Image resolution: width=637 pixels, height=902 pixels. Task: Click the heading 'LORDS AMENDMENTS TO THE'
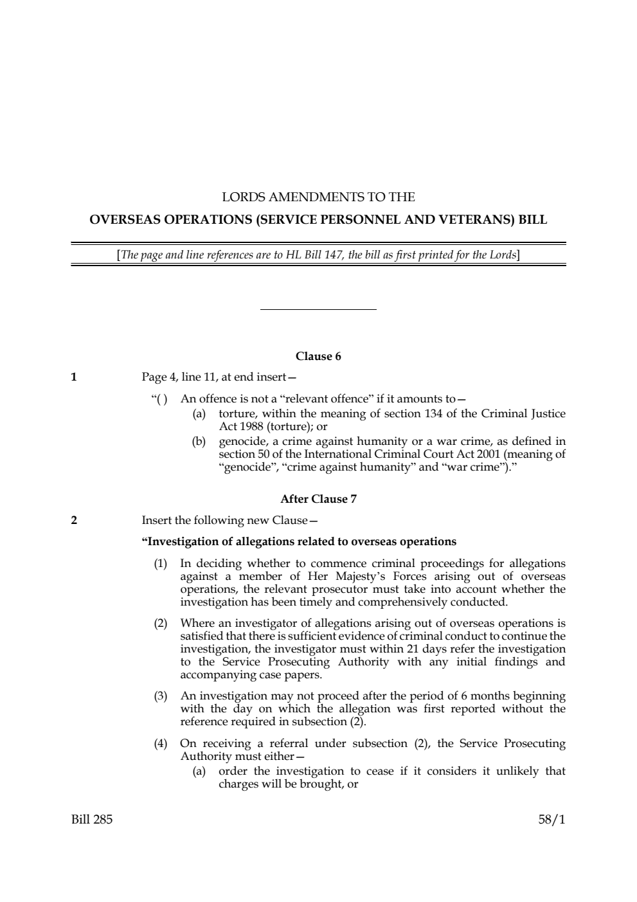point(318,197)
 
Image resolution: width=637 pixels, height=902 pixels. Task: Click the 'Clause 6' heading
point(318,356)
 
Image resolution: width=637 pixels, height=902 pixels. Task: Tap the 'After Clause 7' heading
point(318,499)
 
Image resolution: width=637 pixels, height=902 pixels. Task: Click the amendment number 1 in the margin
point(74,377)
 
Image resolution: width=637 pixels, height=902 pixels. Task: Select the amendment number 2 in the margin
point(74,520)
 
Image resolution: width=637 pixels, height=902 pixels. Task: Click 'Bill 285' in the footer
point(92,820)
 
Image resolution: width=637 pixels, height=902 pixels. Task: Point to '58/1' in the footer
point(552,820)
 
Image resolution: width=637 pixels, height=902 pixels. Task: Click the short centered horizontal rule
point(318,310)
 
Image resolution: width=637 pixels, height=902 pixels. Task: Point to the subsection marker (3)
point(160,696)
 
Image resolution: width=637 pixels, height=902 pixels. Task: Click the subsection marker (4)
point(160,744)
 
